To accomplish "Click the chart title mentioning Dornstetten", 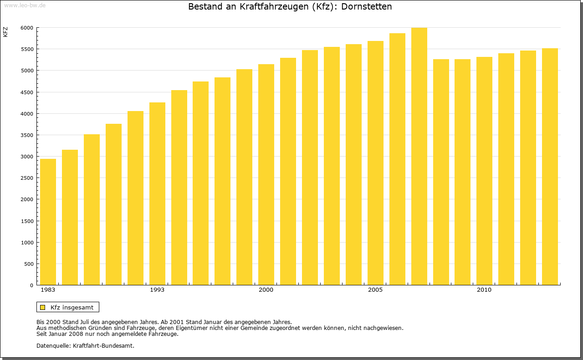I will pyautogui.click(x=290, y=7).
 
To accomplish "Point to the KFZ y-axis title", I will pyautogui.click(x=5, y=32).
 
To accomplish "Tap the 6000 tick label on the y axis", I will pyautogui.click(x=27, y=28).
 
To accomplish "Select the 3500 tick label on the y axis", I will pyautogui.click(x=27, y=135).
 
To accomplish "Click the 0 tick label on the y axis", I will pyautogui.click(x=31, y=285).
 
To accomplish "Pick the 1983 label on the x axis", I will pyautogui.click(x=48, y=290).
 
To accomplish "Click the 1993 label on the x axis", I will pyautogui.click(x=157, y=290).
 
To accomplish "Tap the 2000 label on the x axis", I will pyautogui.click(x=266, y=290).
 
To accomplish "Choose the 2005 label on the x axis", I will pyautogui.click(x=375, y=290).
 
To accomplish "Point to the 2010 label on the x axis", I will pyautogui.click(x=484, y=290).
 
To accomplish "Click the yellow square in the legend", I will pyautogui.click(x=42, y=307).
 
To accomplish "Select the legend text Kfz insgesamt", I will pyautogui.click(x=72, y=307).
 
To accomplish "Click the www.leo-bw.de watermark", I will pyautogui.click(x=24, y=5).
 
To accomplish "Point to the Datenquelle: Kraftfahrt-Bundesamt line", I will pyautogui.click(x=85, y=345).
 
